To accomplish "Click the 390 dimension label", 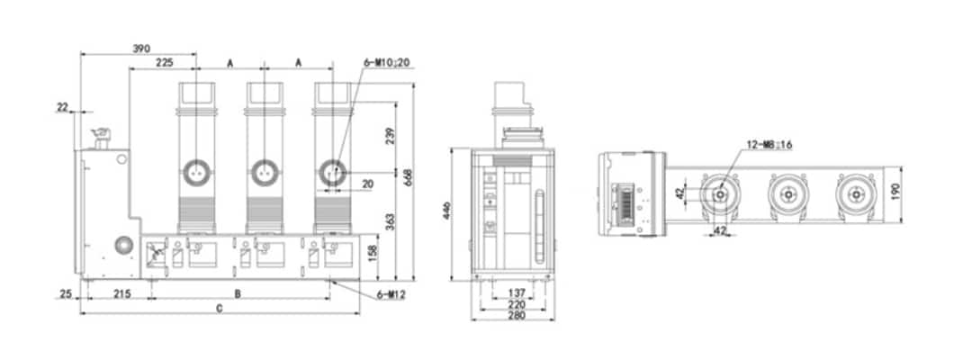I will coord(140,47).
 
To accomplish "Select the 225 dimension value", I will coord(164,63).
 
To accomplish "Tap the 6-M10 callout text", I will coord(388,62).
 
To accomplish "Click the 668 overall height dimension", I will coord(408,178).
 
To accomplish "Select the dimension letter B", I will coord(238,293).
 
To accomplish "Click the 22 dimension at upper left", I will coord(62,107).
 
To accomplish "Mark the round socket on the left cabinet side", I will coord(121,245).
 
